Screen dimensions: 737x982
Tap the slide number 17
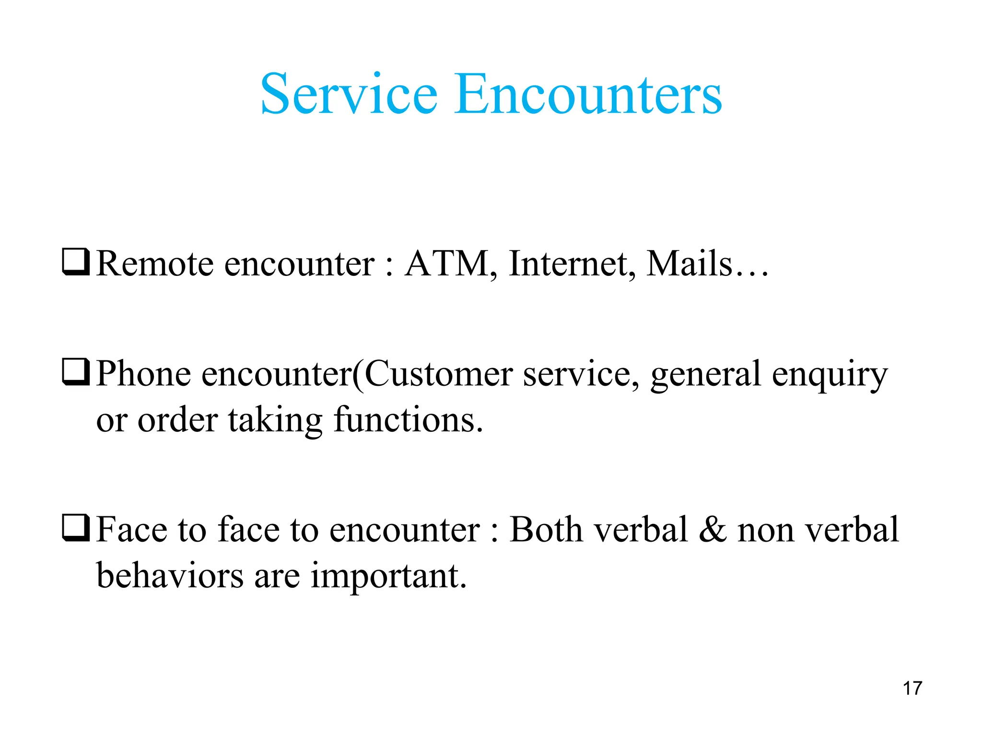click(x=912, y=689)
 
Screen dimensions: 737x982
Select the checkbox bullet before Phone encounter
click(x=76, y=372)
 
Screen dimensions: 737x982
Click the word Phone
click(x=143, y=374)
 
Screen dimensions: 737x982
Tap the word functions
click(x=408, y=420)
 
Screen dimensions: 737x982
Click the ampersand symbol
click(x=713, y=530)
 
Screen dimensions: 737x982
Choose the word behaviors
click(x=170, y=575)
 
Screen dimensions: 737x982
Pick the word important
click(x=388, y=576)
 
